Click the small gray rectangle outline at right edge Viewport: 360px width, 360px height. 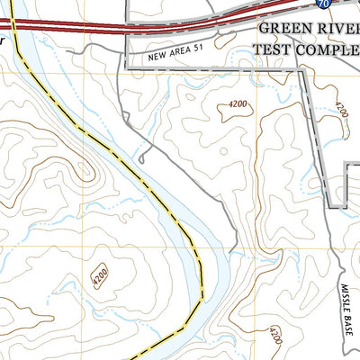click(x=354, y=185)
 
